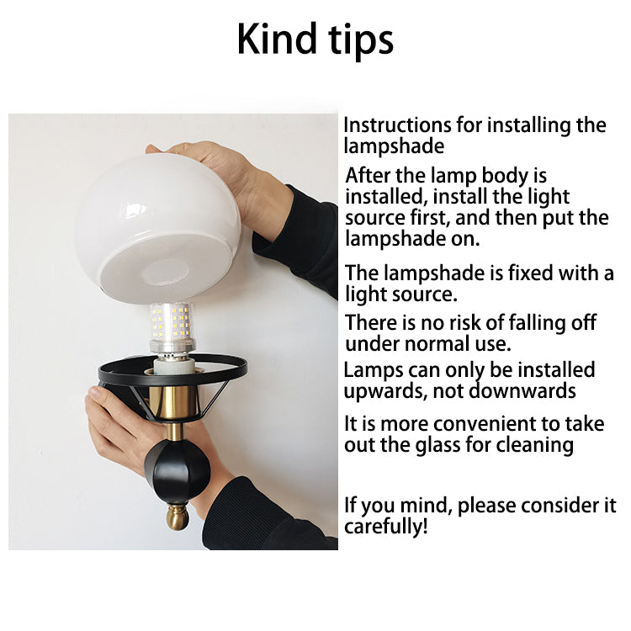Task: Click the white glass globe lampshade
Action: click(158, 228)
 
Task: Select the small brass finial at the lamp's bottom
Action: click(177, 517)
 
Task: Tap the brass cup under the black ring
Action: click(175, 403)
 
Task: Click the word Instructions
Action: click(397, 125)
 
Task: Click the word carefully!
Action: click(385, 527)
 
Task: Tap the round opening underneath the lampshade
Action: click(165, 273)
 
